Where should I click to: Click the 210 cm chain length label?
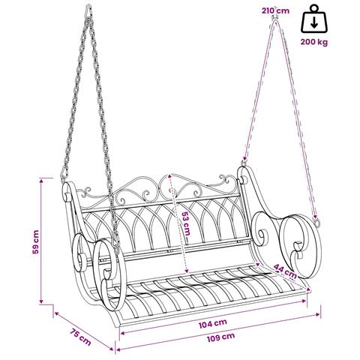(275, 10)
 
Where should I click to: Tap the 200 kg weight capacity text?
(314, 42)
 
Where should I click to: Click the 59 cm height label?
(36, 241)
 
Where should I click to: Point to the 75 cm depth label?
(80, 337)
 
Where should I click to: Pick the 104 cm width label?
(213, 324)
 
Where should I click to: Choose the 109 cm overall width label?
(220, 337)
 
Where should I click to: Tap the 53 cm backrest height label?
(185, 223)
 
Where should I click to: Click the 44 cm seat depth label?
(285, 271)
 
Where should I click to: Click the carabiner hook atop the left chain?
(88, 12)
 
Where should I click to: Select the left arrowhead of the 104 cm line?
(123, 333)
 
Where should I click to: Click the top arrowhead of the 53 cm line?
(170, 176)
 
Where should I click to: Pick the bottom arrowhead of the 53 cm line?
(186, 270)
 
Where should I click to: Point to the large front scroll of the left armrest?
(109, 275)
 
